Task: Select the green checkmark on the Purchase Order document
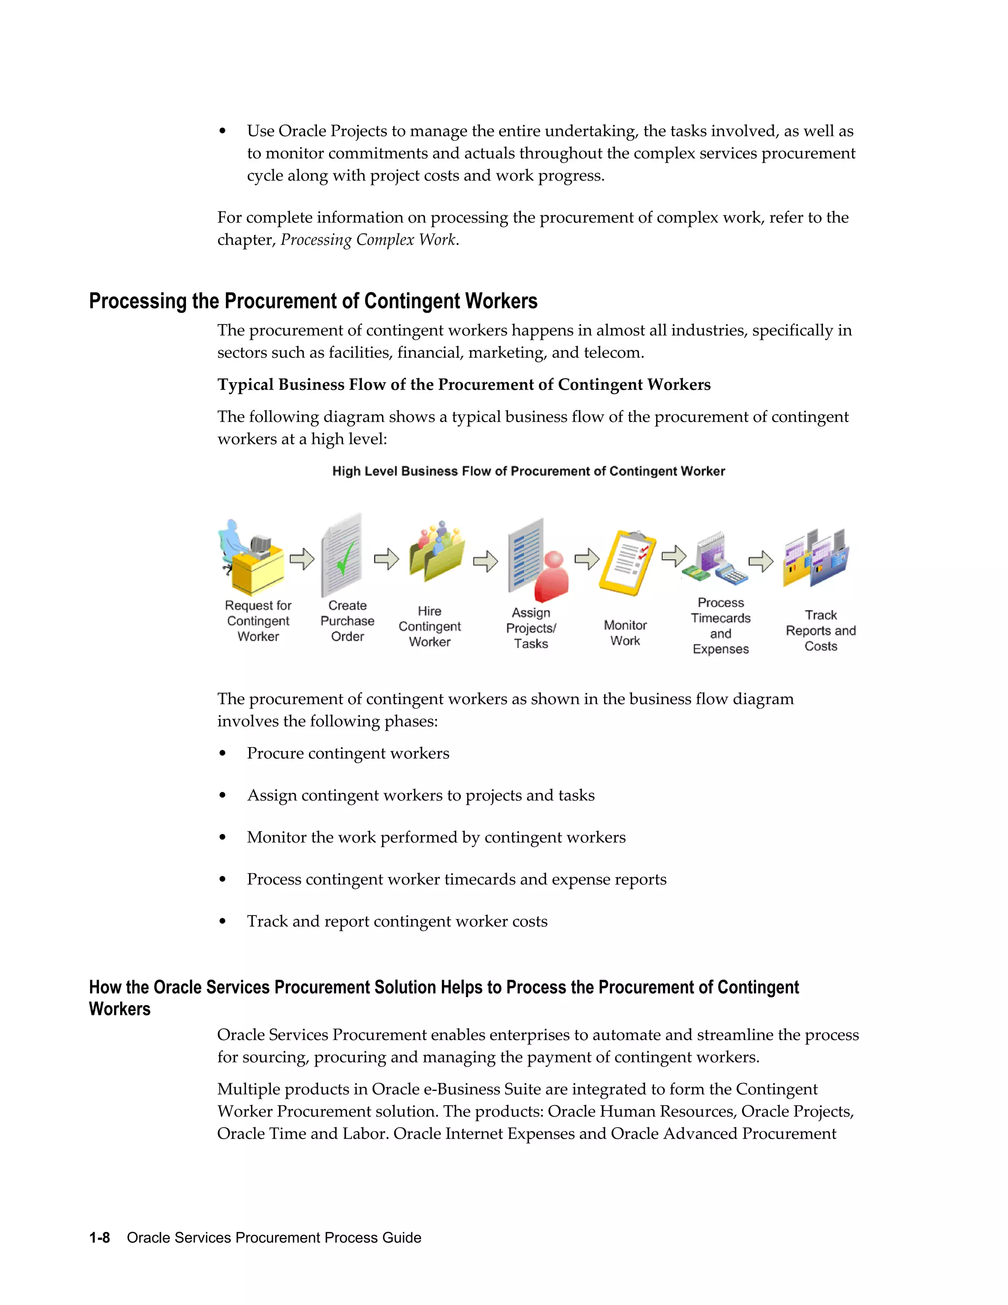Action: coord(345,557)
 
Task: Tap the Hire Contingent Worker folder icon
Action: coord(437,553)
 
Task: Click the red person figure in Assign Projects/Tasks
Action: coord(552,577)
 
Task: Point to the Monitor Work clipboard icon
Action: coord(627,562)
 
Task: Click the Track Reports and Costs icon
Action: coord(817,559)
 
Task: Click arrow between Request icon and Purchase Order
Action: coord(302,559)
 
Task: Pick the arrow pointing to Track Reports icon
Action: coord(761,561)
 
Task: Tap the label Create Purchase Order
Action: coord(347,621)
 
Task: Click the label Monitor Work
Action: coord(625,633)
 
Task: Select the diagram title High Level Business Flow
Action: coord(529,471)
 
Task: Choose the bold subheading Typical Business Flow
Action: coord(463,384)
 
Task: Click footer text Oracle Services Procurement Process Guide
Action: coord(274,1237)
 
